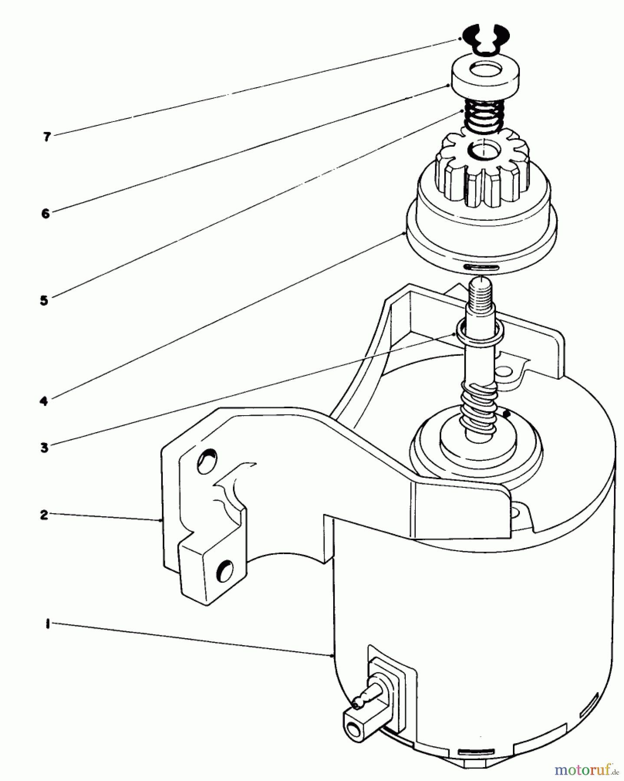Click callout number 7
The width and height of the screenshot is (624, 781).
pyautogui.click(x=47, y=137)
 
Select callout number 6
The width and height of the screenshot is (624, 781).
pyautogui.click(x=46, y=213)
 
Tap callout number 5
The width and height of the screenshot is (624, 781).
pyautogui.click(x=44, y=300)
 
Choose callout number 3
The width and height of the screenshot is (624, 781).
pyautogui.click(x=44, y=447)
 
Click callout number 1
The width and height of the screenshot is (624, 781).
pyautogui.click(x=47, y=624)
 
